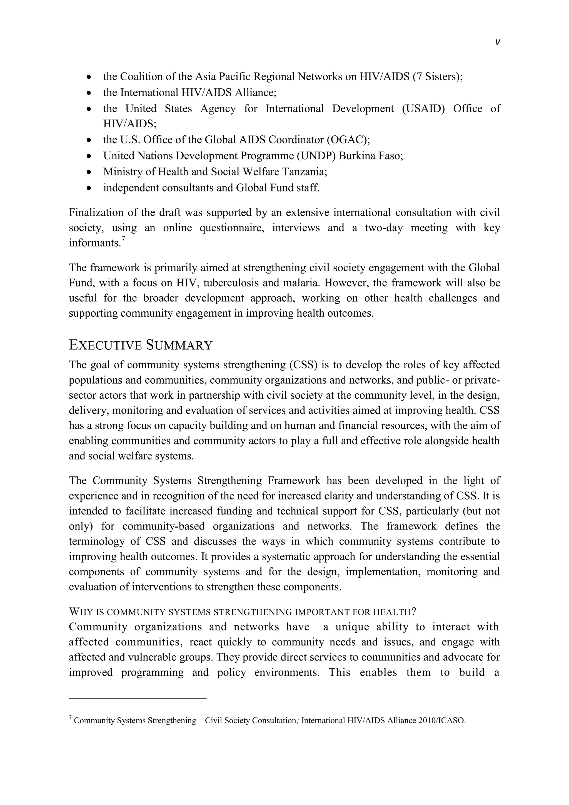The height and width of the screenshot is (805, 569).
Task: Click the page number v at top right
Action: click(498, 42)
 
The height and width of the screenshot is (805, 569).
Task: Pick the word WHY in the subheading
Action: click(81, 612)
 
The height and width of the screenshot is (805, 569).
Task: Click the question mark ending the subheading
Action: click(413, 612)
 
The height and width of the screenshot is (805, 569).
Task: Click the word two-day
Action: click(384, 228)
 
